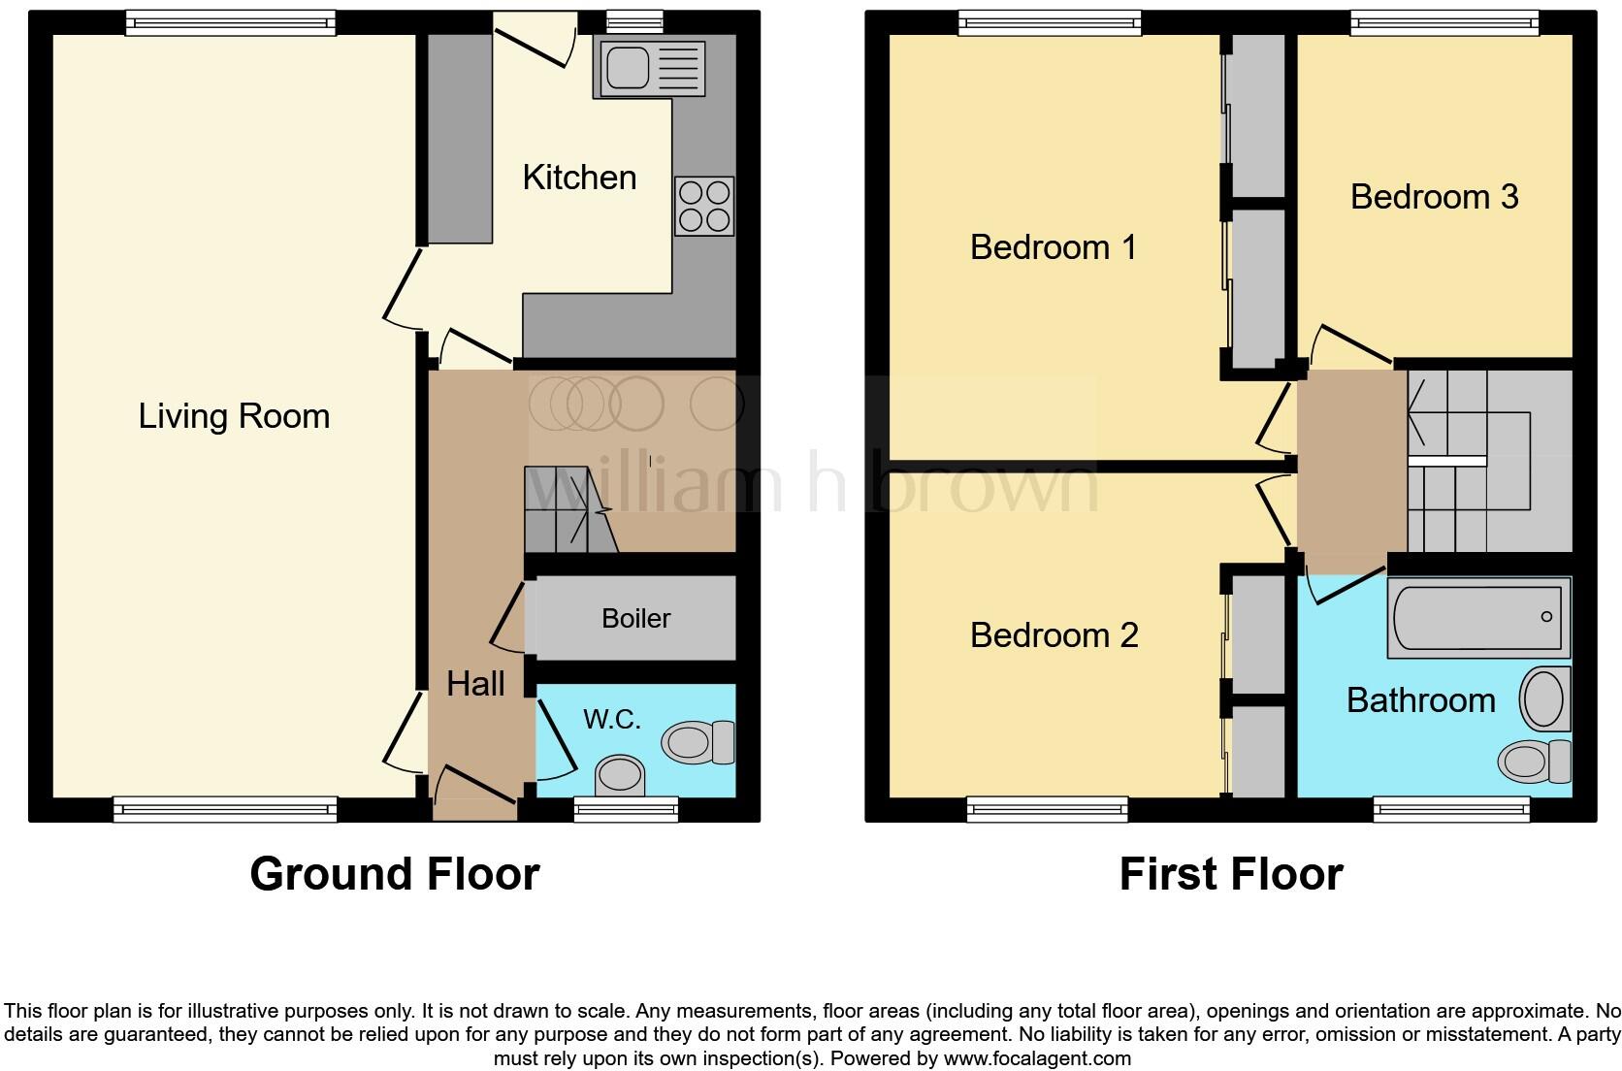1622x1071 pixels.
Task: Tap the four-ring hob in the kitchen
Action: [x=704, y=207]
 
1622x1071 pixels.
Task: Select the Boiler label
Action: [x=635, y=618]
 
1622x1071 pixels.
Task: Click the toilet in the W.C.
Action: [x=697, y=743]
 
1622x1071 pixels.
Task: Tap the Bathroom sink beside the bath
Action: [x=1544, y=698]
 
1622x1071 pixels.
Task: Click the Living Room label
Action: [x=234, y=416]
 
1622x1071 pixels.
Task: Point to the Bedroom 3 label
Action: [x=1433, y=197]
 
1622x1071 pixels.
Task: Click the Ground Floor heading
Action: [x=394, y=874]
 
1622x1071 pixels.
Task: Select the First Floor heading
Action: [x=1230, y=874]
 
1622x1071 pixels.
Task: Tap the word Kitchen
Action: [x=579, y=178]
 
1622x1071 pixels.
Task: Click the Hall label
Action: [x=475, y=684]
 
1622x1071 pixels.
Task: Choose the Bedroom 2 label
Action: [x=1054, y=635]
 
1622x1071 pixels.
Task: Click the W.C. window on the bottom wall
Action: [x=626, y=809]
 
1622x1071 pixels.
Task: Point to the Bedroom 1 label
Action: [x=1053, y=247]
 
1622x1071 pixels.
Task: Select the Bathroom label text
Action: [x=1420, y=700]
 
